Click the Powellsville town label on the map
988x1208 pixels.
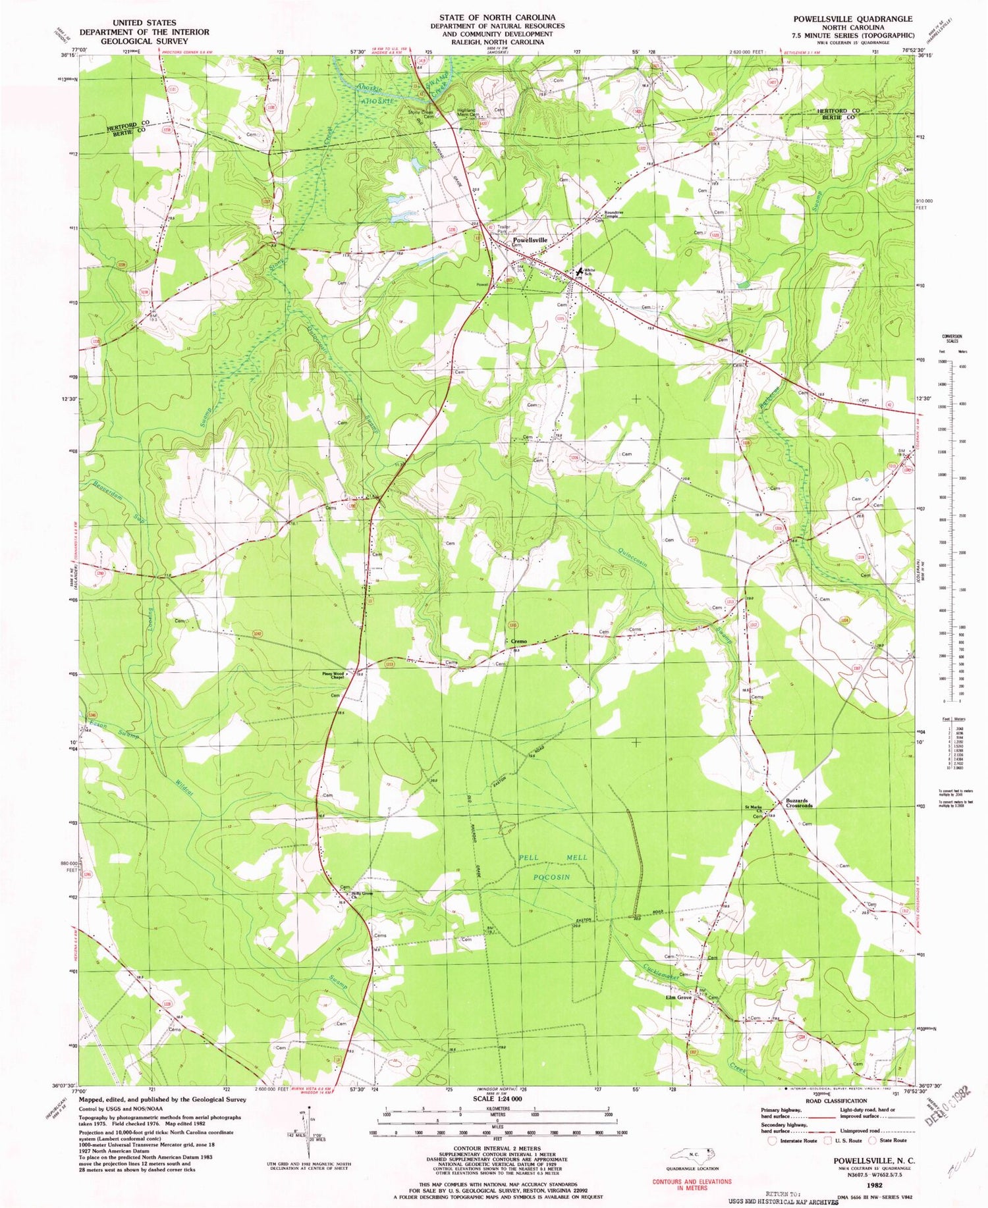click(x=530, y=240)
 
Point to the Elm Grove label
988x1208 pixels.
click(x=679, y=997)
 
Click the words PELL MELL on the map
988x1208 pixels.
click(x=553, y=858)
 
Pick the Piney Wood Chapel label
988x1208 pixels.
click(x=333, y=675)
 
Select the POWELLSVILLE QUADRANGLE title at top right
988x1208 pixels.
click(x=852, y=19)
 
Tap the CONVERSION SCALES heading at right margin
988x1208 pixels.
click(x=949, y=337)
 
